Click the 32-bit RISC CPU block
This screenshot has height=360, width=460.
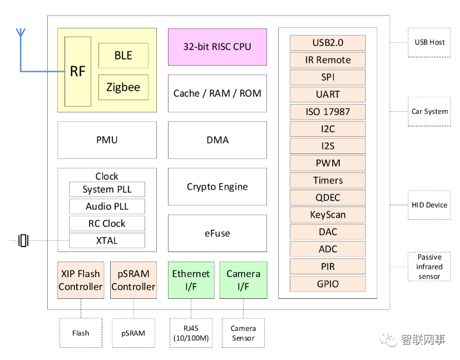pos(217,47)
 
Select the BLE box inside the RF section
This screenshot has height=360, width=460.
pos(123,56)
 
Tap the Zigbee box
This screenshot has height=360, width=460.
pos(123,87)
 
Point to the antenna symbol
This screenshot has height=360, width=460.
pos(21,33)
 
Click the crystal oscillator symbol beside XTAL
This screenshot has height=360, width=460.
pos(23,240)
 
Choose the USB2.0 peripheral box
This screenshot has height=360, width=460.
pos(328,43)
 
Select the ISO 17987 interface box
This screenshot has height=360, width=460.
pos(328,111)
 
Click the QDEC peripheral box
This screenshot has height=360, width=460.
pos(328,198)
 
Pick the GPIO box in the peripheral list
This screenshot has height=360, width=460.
pos(328,284)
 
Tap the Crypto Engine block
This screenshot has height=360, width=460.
pos(217,187)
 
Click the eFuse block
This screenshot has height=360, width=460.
pos(217,233)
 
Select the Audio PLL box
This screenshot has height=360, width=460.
pos(107,206)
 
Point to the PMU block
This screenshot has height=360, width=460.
pos(107,140)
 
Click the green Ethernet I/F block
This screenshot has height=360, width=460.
pos(191,280)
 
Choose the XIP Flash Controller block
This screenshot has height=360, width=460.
pos(81,280)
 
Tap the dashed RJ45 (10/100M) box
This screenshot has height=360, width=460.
pos(191,333)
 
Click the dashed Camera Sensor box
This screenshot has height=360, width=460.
pos(243,333)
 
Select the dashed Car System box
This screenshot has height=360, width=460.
pos(429,111)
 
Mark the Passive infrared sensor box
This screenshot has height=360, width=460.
pos(429,267)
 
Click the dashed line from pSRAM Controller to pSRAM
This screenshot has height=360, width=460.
pos(133,308)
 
